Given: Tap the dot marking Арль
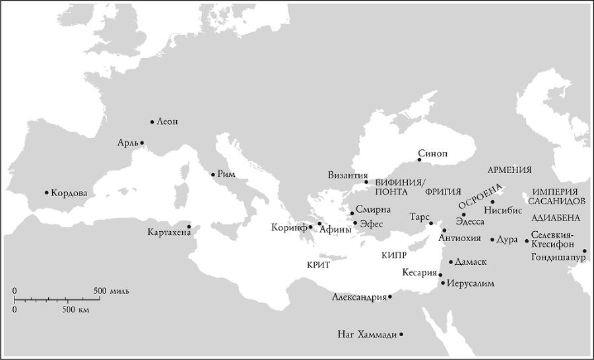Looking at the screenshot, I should coord(142,143).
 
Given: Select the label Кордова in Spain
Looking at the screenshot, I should coord(69,193).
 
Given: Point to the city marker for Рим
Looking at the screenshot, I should coord(213,174).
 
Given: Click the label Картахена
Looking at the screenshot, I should coord(166,233).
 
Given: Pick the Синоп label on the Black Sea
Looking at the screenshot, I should coord(432,153).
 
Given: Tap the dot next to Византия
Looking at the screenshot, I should coord(366,182).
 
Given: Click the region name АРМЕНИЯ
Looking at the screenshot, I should coord(510,170).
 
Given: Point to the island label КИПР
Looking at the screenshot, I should coord(394,254).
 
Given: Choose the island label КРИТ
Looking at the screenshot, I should coord(318,264).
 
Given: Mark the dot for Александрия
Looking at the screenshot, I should coord(390,297).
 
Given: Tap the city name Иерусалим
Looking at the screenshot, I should coord(471,284).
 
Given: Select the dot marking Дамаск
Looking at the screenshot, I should coord(451,262).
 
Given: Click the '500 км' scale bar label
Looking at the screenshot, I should coord(76,309).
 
